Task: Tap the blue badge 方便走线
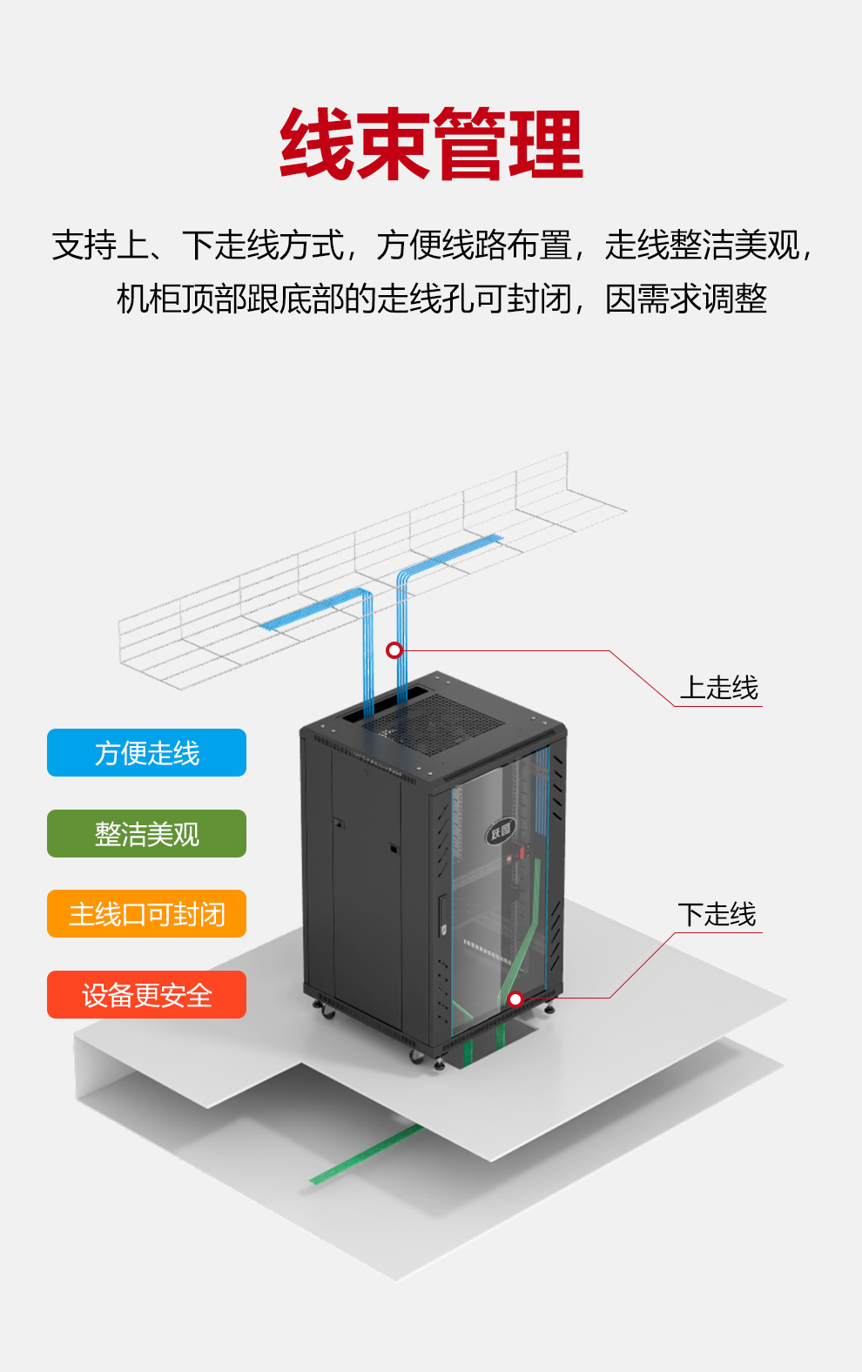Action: pos(146,752)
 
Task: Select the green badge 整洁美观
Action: pos(146,834)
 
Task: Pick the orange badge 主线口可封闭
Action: pos(146,914)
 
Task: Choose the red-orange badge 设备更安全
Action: pos(146,995)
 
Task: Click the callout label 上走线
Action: pos(719,688)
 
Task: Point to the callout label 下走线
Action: pos(717,914)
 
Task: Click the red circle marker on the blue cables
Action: pos(394,650)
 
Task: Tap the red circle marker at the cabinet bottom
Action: pos(515,999)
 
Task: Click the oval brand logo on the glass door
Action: pos(501,831)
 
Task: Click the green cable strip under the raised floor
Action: pos(366,1154)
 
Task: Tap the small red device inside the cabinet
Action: pos(522,852)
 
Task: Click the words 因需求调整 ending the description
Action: pos(686,299)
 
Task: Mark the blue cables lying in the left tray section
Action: pos(313,609)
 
